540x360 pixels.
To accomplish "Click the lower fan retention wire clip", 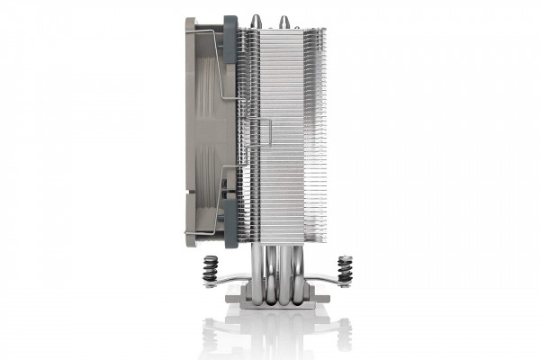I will (x=216, y=202).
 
